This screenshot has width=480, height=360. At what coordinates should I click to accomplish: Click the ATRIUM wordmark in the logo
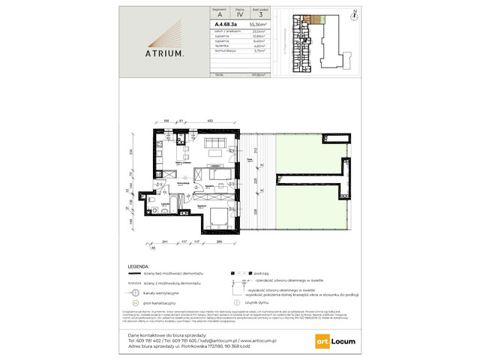(163, 53)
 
